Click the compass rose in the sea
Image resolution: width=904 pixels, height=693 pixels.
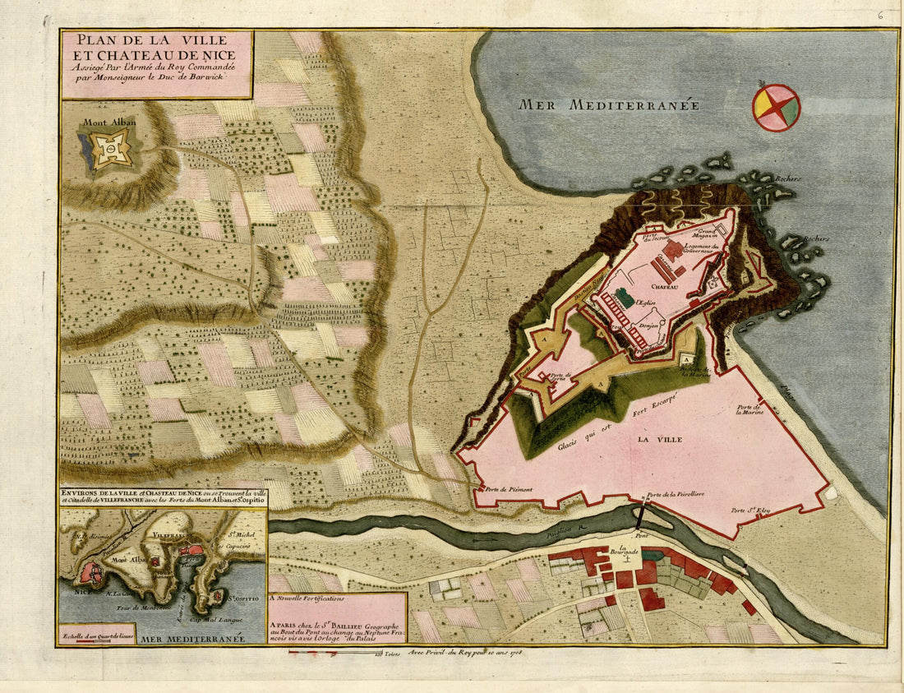tap(776, 108)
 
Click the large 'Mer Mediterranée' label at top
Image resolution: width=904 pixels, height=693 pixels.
tap(608, 104)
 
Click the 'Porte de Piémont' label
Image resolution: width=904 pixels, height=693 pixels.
tap(509, 490)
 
